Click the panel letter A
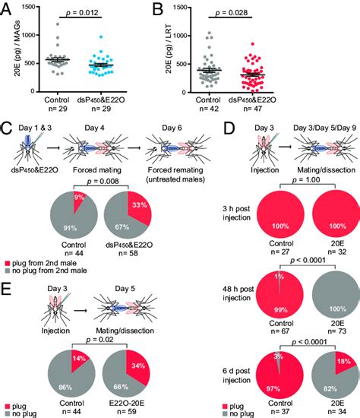pyautogui.click(x=8, y=8)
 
